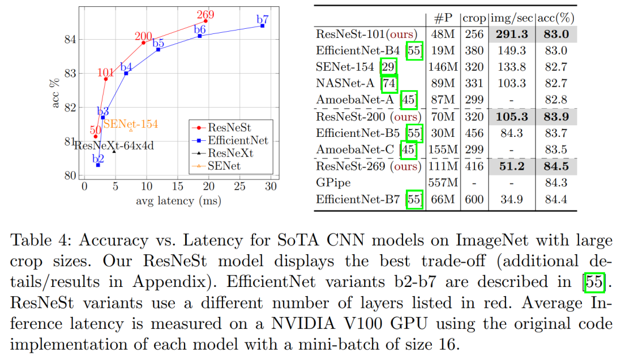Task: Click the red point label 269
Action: click(x=205, y=14)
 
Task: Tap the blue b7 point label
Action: click(x=263, y=20)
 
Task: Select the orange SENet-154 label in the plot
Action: click(x=131, y=124)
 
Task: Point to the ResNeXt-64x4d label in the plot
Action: click(x=114, y=145)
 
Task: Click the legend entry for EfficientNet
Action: click(x=233, y=140)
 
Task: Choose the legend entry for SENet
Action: click(x=224, y=166)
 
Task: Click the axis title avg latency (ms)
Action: click(x=178, y=201)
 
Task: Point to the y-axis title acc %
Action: click(x=56, y=94)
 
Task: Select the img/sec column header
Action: click(x=511, y=18)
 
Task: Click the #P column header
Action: click(x=443, y=18)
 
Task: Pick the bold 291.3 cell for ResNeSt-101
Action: click(x=511, y=34)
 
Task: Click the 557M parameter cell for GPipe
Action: click(x=443, y=183)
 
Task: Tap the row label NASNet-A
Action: click(x=346, y=83)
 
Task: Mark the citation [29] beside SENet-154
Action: click(x=389, y=67)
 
